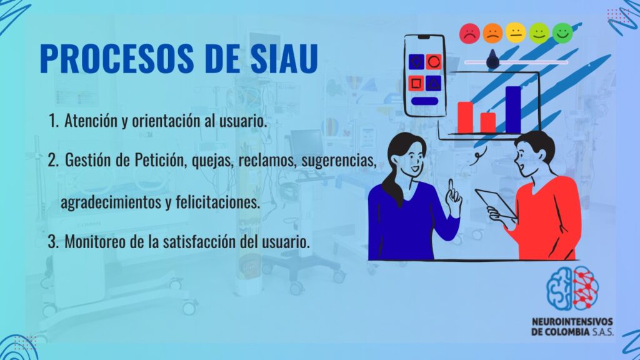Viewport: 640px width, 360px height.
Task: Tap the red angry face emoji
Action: [x=470, y=34]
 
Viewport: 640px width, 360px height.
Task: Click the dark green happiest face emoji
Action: [x=562, y=33]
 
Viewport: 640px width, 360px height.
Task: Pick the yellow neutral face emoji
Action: [x=516, y=32]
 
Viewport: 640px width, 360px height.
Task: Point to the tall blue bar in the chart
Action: [x=513, y=110]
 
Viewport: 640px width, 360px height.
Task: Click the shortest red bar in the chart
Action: [x=488, y=123]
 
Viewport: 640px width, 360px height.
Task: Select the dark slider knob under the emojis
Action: [x=492, y=59]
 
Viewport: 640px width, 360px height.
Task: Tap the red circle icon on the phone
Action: [x=434, y=62]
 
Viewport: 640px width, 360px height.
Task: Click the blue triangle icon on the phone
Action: [x=434, y=83]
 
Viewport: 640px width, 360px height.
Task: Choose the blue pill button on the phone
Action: [x=424, y=101]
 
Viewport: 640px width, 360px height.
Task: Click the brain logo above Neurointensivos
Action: [x=572, y=287]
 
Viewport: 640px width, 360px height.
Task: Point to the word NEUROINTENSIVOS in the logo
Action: [x=572, y=322]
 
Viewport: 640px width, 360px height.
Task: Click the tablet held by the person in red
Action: [x=495, y=203]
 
